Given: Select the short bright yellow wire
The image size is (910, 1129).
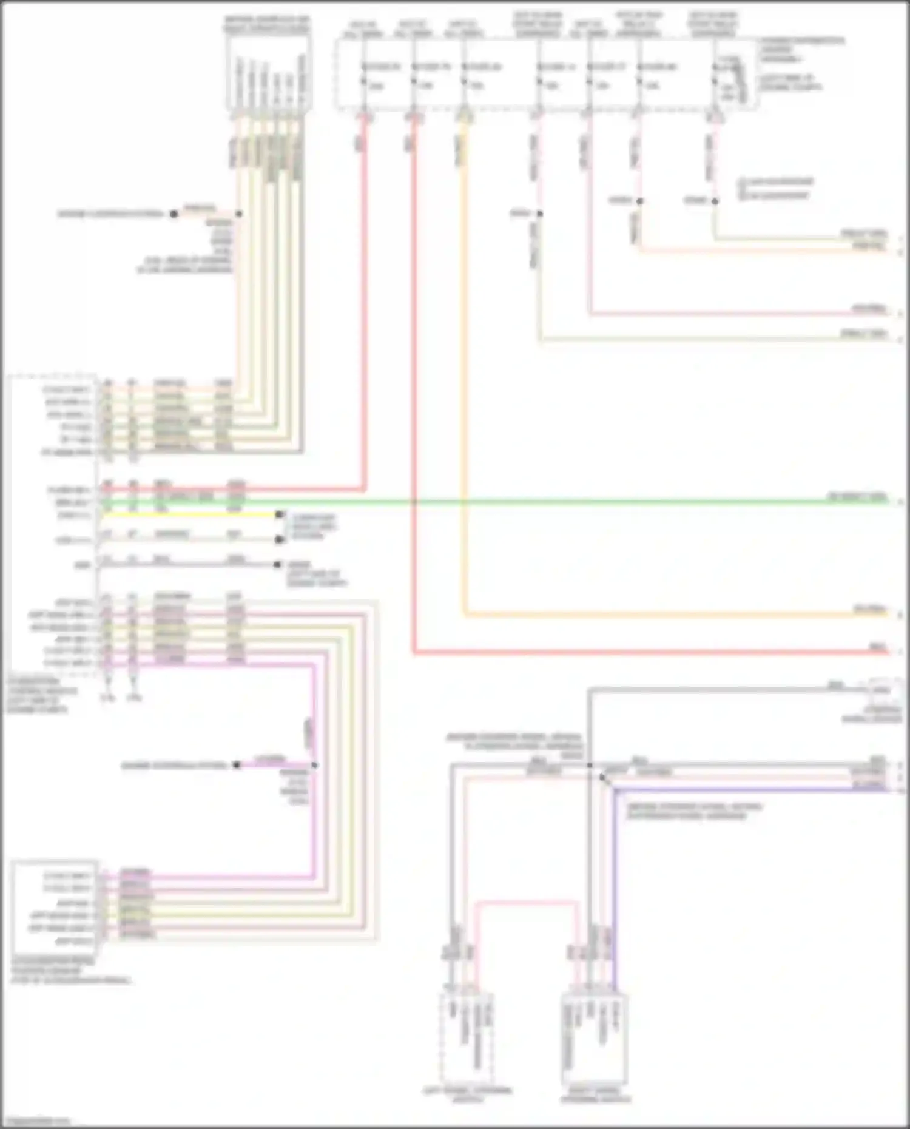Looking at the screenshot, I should point(188,514).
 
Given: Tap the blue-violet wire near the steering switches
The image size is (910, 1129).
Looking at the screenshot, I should point(728,790).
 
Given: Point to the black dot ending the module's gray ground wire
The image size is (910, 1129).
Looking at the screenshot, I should point(277,565).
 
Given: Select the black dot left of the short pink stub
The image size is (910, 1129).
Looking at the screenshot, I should point(237,765).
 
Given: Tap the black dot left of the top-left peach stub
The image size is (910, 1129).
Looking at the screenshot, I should point(174,214).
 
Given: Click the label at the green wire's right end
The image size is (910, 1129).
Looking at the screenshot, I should point(857,497).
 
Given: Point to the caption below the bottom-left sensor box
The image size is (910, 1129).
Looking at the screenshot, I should point(70,971).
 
